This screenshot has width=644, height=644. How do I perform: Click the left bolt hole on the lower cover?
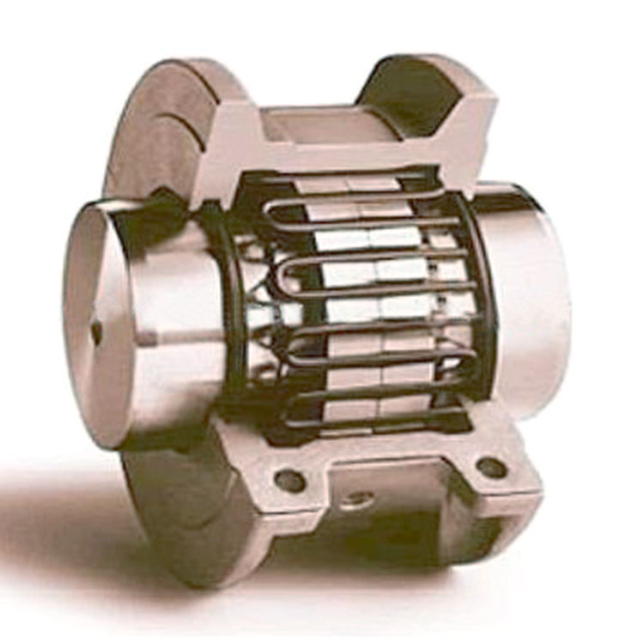coord(290,480)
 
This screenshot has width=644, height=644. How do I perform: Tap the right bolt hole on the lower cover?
coord(491,467)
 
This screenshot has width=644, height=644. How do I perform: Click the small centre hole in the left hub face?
coord(95,330)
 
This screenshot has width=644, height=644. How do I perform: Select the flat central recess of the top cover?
coord(326,125)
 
